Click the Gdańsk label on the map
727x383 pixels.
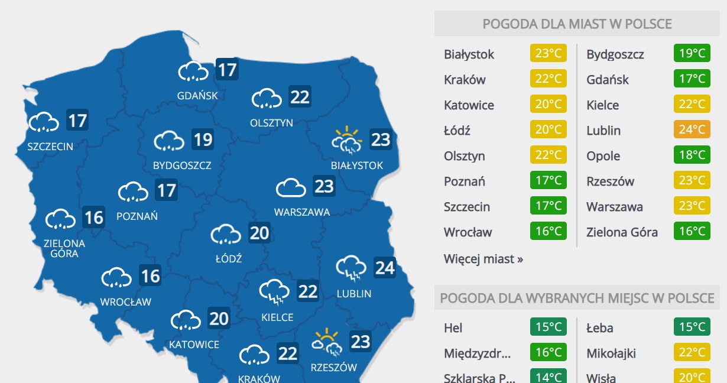click(197, 95)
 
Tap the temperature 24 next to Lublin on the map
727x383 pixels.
click(385, 268)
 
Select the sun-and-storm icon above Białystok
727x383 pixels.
click(347, 141)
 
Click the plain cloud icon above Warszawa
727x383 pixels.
click(291, 188)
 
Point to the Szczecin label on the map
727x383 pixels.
click(50, 146)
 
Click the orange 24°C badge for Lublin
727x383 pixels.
click(692, 130)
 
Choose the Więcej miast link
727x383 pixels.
click(483, 259)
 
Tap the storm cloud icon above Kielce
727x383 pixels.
click(274, 292)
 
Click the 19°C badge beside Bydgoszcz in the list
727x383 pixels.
click(692, 54)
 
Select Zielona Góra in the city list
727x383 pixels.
click(622, 232)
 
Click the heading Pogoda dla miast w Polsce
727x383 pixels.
click(577, 24)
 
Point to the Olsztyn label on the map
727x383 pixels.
click(271, 123)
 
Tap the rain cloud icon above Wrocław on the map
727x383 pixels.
click(116, 277)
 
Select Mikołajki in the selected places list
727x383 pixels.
click(611, 353)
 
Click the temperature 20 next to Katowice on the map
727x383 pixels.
click(219, 319)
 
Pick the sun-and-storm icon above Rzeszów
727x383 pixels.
click(327, 343)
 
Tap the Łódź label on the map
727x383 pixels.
click(229, 258)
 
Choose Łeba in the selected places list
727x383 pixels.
click(599, 328)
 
